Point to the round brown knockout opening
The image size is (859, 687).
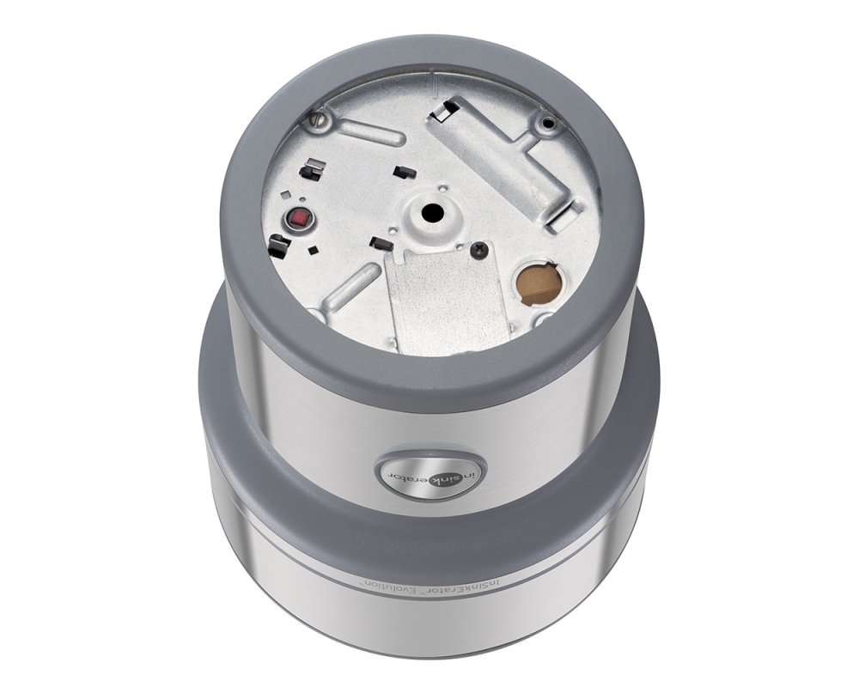click(539, 283)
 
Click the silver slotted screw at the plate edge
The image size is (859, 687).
click(318, 121)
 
